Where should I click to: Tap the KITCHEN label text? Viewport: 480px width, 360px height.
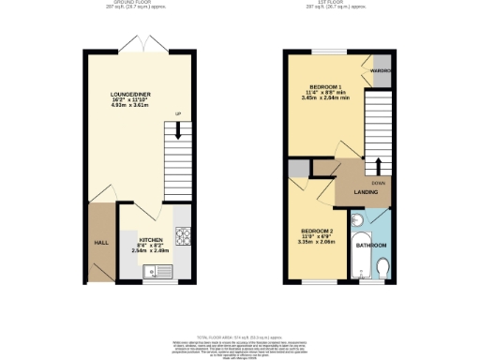pos(151,239)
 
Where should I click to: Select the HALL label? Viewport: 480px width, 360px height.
pos(100,242)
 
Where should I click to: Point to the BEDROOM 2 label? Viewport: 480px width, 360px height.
pos(319,231)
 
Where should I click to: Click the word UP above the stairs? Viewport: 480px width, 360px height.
pos(176,115)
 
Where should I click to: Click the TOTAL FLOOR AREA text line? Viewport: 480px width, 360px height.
pos(239,337)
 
